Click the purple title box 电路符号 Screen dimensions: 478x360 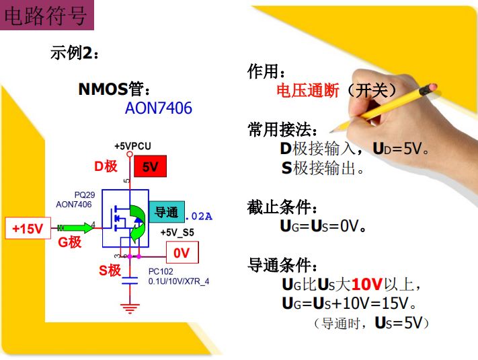46,15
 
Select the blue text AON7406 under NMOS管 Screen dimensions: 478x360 159,108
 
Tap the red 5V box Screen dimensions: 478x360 151,166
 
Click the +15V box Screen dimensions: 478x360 28,228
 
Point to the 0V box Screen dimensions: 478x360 182,252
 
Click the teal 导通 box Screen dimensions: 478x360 167,212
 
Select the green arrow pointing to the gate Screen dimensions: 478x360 75,227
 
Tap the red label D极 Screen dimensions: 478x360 106,166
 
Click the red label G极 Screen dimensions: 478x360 69,242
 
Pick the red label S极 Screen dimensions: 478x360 110,271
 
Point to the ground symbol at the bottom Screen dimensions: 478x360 130,308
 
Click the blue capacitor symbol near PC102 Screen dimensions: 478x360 130,281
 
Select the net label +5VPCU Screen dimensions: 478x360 132,146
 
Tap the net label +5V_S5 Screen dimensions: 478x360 177,232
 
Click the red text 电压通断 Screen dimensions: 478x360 308,90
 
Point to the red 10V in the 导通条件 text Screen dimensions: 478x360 367,285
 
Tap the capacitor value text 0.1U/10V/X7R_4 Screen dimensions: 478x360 179,281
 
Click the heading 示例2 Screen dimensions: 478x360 75,52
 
